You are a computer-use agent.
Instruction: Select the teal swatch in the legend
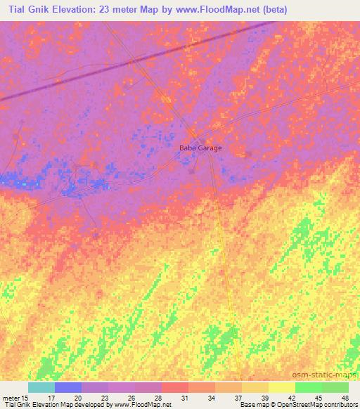41,387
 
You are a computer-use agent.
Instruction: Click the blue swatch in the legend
68,387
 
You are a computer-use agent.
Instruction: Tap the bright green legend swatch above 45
309,387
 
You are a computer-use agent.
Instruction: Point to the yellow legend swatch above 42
282,387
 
